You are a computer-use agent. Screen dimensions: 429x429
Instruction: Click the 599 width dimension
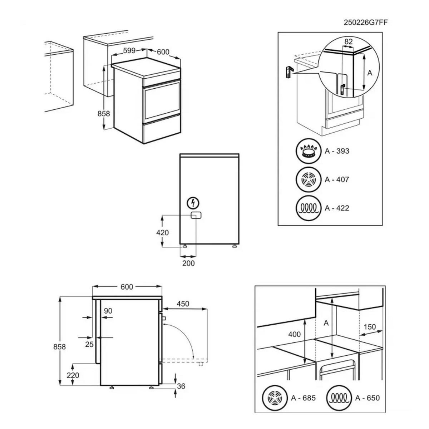(x=129, y=51)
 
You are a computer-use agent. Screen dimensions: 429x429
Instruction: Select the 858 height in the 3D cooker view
(x=104, y=114)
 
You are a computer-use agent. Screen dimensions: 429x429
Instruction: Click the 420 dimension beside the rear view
(x=162, y=232)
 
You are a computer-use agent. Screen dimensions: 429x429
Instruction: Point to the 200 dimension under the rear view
(x=188, y=263)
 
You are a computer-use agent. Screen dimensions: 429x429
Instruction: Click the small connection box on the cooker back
(x=196, y=215)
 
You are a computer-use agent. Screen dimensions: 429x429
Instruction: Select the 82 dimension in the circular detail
(x=348, y=42)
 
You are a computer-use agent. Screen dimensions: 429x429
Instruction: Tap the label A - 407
(x=337, y=179)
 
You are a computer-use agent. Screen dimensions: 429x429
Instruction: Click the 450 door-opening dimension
(x=183, y=304)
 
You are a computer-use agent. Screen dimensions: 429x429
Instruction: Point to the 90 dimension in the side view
(x=108, y=311)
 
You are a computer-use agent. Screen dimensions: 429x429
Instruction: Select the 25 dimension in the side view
(x=89, y=344)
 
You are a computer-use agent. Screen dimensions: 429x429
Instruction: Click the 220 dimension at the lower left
(x=73, y=375)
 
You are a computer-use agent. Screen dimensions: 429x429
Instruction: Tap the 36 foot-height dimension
(x=182, y=386)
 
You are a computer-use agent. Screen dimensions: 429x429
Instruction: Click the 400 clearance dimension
(x=295, y=334)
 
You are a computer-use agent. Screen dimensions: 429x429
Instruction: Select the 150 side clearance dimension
(x=370, y=327)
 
